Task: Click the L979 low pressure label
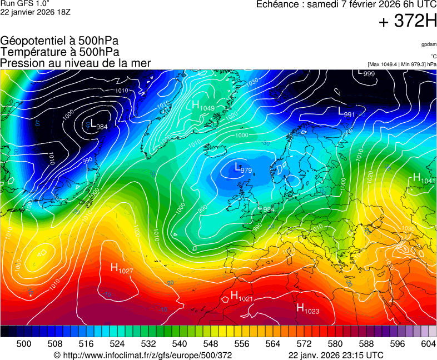tap(243, 168)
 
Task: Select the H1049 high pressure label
tap(203, 106)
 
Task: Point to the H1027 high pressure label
tap(122, 269)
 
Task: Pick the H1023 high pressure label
tap(307, 309)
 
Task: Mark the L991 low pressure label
tap(346, 112)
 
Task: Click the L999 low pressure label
tap(366, 73)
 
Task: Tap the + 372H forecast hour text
tap(408, 22)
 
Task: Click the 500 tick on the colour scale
tap(24, 344)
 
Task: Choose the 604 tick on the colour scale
tap(428, 344)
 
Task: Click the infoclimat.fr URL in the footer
tap(142, 355)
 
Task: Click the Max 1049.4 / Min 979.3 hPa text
tap(402, 64)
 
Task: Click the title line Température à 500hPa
tap(59, 52)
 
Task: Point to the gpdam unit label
tap(429, 44)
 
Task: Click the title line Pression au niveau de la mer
tap(76, 63)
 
